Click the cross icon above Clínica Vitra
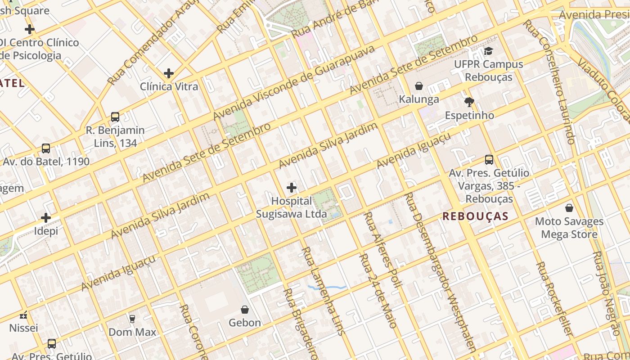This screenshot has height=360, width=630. pos(169,73)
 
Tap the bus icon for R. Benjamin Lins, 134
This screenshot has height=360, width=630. pos(115,117)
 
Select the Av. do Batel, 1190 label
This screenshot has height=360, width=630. pos(46,162)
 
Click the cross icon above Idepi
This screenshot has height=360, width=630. pos(46,218)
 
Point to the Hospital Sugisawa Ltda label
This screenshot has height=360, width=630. pos(291,207)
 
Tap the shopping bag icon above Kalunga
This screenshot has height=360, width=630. pos(419,85)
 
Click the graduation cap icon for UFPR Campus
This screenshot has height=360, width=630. pos(488,51)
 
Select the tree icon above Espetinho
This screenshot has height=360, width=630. pos(469,102)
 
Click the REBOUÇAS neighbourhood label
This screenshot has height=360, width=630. pos(475,216)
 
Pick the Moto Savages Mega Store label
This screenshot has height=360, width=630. pos(569,228)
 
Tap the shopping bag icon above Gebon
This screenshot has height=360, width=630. pos(245,310)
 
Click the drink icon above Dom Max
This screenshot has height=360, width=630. pos(132,319)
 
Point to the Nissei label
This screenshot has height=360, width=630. pos(23,328)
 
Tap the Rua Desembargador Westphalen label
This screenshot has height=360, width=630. pos(441,270)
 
